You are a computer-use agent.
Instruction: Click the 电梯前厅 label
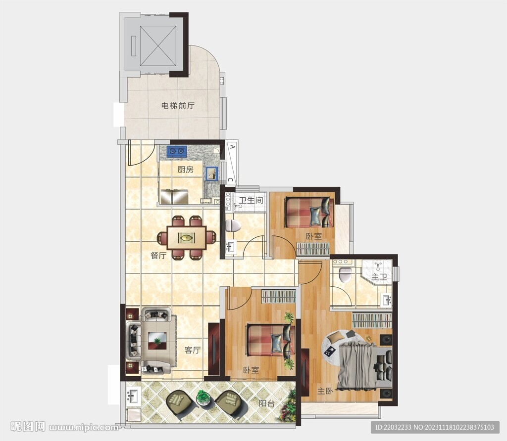point(178,106)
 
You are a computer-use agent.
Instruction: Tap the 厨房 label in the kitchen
point(186,169)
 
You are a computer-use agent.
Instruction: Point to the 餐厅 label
point(158,256)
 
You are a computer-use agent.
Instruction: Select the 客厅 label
point(193,350)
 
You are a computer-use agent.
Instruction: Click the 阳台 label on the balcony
point(267,403)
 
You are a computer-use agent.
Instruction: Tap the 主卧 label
point(325,391)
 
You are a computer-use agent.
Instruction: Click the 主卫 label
point(379,277)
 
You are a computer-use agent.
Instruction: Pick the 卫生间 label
point(251,200)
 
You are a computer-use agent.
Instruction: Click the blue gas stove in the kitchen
point(177,150)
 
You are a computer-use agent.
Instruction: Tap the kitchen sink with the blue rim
point(212,173)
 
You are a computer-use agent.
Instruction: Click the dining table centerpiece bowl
point(187,238)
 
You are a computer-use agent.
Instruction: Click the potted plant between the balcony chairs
point(203,397)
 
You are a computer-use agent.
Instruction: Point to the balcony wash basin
point(133,396)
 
